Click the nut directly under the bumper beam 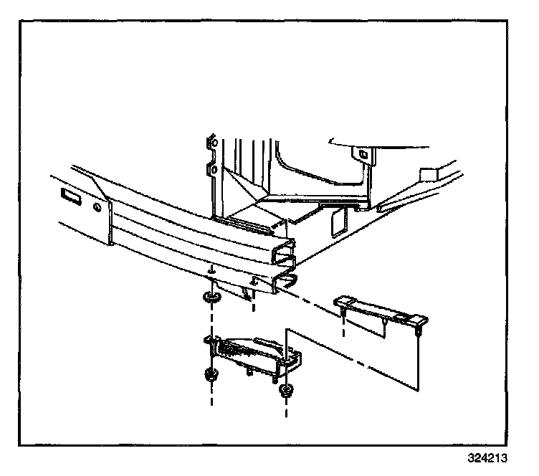coord(211,297)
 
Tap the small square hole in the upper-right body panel coord(363,153)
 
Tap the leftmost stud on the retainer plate coord(345,313)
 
